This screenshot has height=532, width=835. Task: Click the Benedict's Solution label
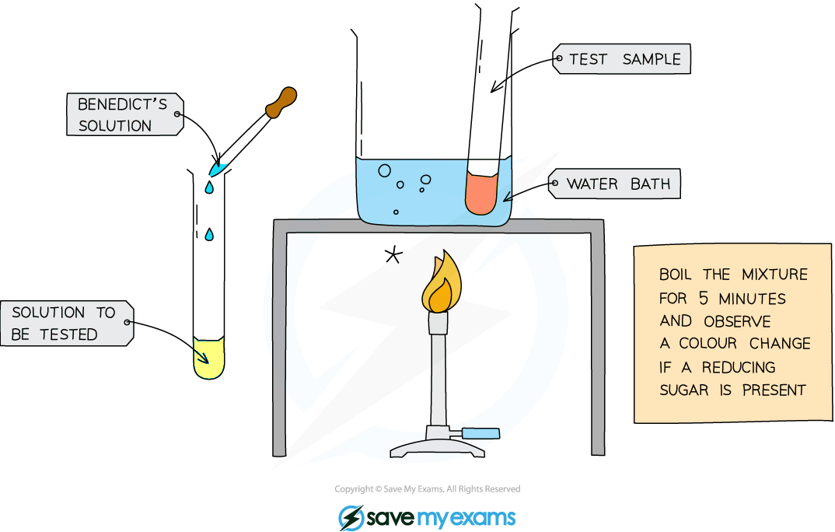click(x=125, y=114)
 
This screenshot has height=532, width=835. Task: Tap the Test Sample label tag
click(x=621, y=58)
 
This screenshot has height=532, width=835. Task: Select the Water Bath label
click(x=614, y=184)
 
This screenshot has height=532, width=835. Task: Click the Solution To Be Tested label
click(x=67, y=324)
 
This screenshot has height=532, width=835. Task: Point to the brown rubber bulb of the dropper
click(x=281, y=102)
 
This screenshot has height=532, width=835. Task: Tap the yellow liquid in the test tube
click(x=208, y=358)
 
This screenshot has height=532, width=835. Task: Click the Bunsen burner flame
click(x=442, y=282)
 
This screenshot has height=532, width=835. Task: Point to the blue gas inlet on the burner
click(x=480, y=433)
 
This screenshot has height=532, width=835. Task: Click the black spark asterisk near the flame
click(x=393, y=256)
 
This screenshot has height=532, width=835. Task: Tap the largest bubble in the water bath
click(x=385, y=171)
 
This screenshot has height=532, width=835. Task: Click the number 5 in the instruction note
click(x=704, y=298)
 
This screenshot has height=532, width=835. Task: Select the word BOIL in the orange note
click(x=675, y=275)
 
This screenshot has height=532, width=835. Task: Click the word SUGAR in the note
click(x=683, y=390)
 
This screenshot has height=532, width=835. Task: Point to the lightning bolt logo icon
click(x=351, y=518)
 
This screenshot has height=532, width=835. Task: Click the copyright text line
click(x=427, y=489)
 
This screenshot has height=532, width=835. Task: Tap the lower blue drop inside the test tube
click(x=209, y=234)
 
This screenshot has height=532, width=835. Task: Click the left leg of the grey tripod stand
click(x=280, y=341)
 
